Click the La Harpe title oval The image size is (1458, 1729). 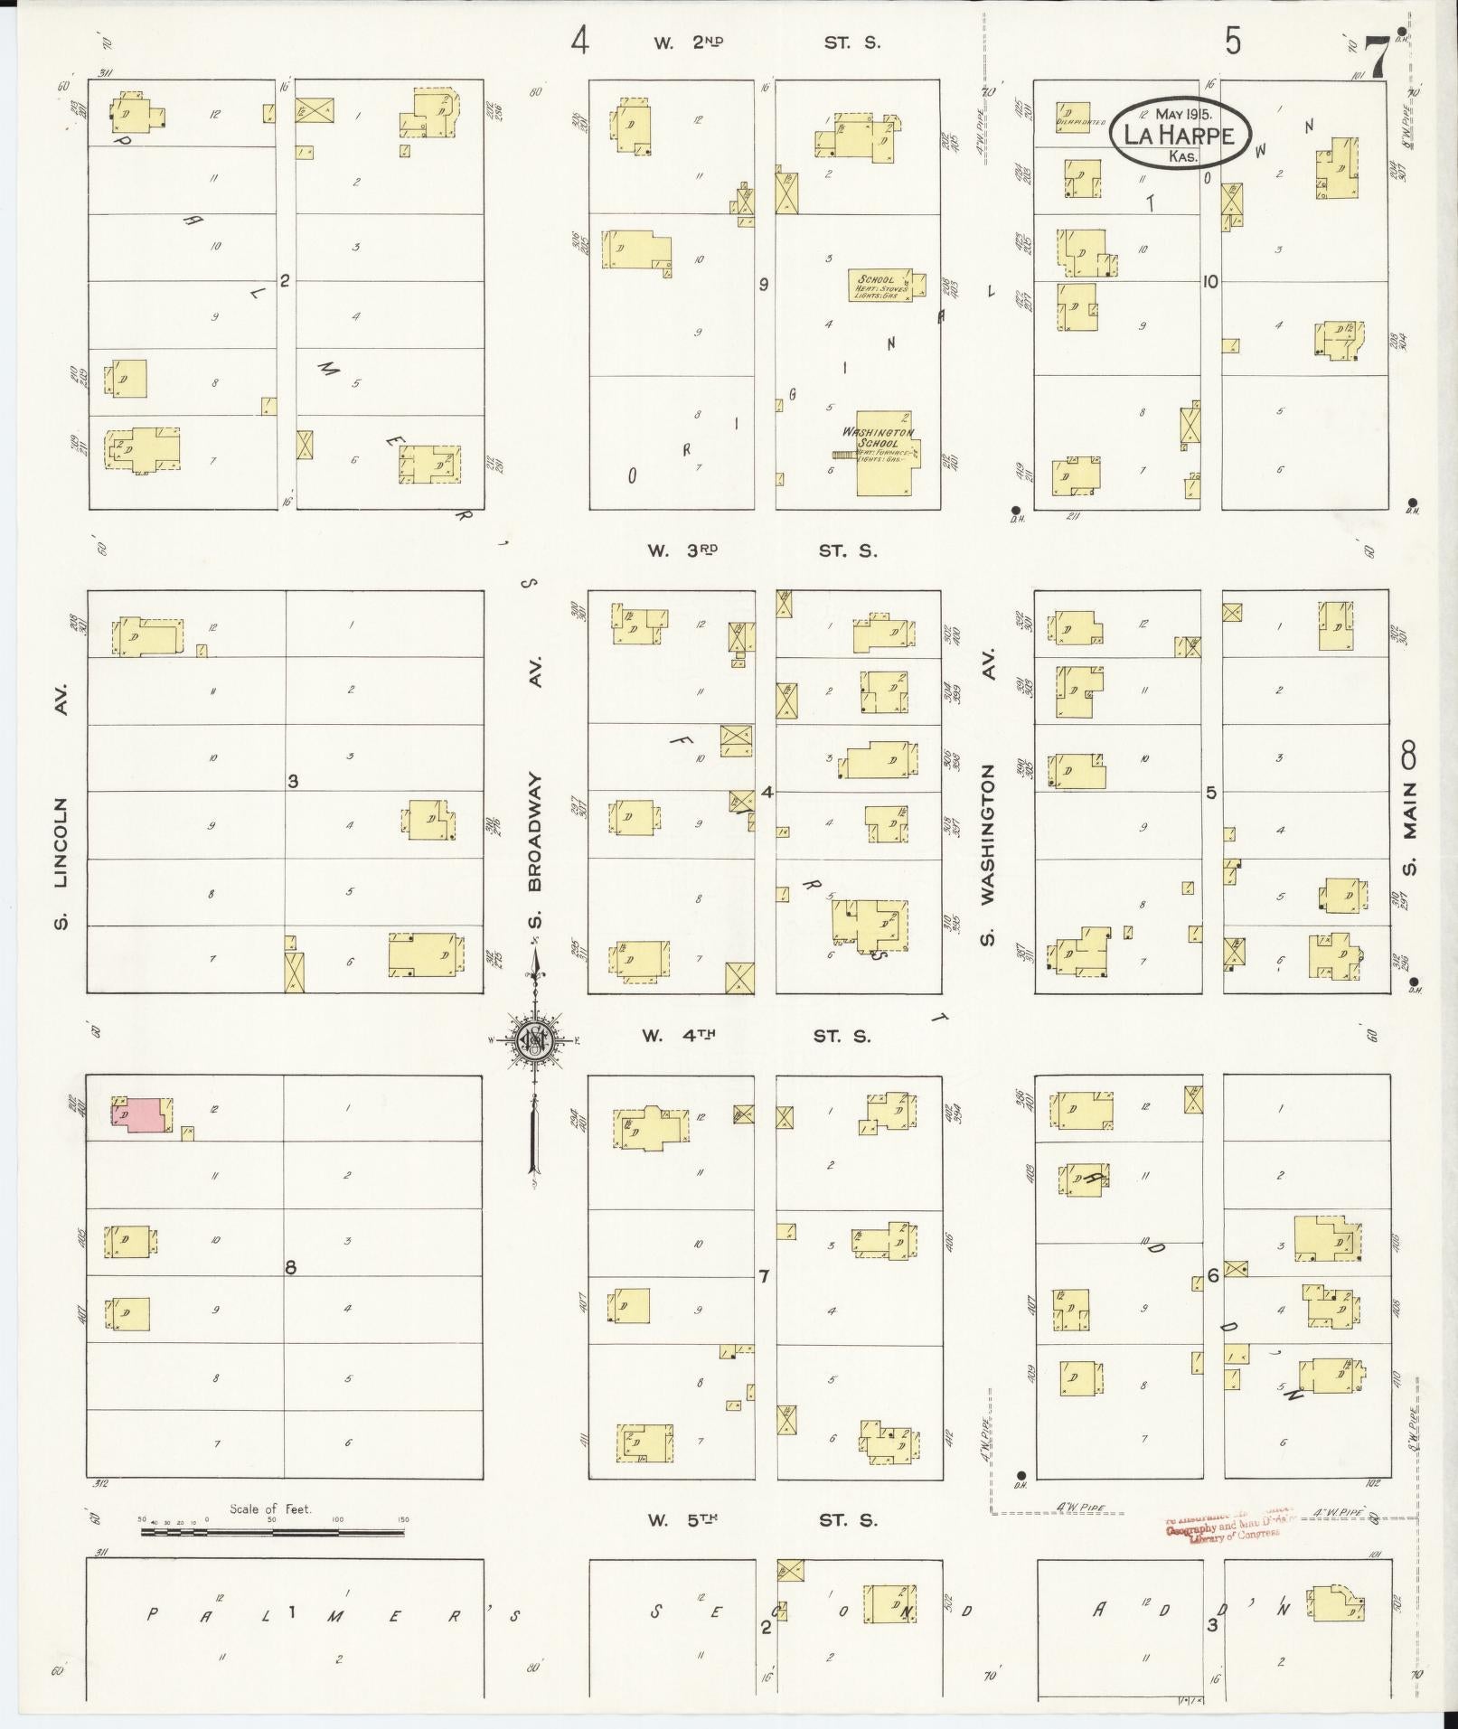[1181, 133]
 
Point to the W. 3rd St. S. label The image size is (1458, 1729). [761, 550]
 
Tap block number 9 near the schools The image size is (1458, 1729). [764, 285]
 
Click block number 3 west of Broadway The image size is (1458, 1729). [293, 781]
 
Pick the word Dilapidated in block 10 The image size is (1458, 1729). [1080, 122]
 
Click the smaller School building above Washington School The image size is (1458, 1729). [881, 286]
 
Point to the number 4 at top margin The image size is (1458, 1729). [579, 42]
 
